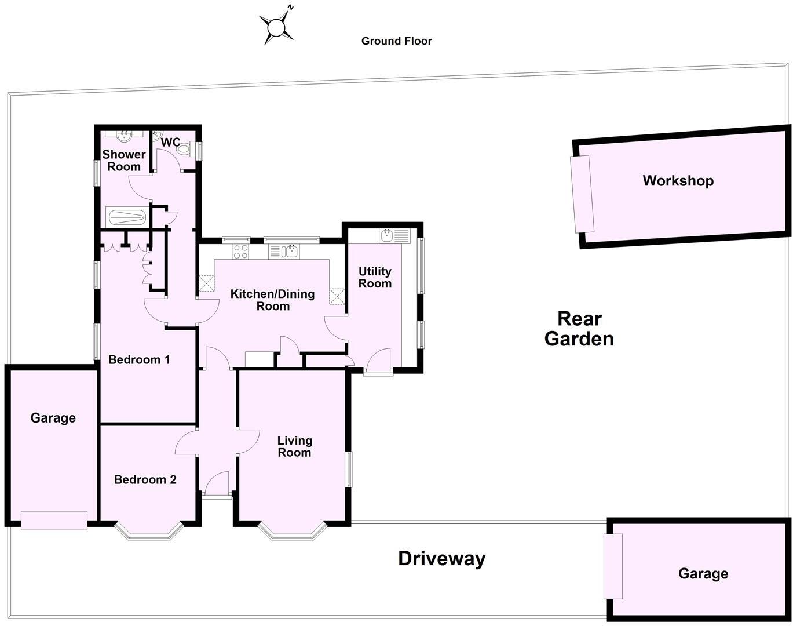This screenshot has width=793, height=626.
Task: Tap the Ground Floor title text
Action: coord(396,41)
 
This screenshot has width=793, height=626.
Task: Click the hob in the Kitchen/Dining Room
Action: coord(241,252)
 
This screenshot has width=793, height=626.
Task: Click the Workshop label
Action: coord(678,180)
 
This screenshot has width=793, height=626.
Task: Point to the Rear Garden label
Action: coord(579,329)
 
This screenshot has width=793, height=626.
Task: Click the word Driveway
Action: coord(442,559)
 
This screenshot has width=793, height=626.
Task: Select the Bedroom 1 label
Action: coord(139,360)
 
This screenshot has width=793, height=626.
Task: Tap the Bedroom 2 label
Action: coord(145,480)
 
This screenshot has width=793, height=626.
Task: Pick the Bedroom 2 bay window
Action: coord(149,533)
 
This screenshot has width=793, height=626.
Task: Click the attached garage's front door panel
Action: coord(54,520)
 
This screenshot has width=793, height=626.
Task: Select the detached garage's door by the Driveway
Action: coord(613,566)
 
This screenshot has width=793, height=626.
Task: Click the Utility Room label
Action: coord(375,278)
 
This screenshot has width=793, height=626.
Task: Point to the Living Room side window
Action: coord(349,469)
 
